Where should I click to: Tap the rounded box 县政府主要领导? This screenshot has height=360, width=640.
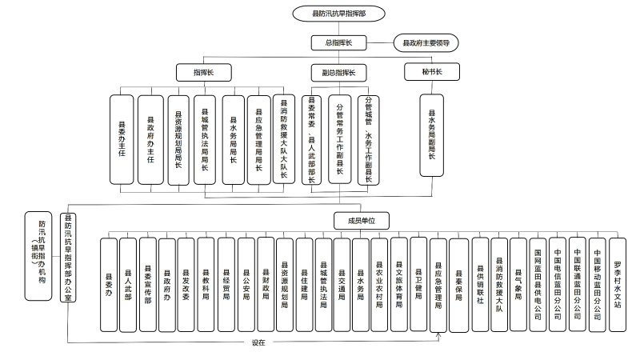click(425, 42)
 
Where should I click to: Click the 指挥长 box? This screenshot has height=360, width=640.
click(204, 73)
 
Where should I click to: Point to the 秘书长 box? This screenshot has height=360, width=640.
click(433, 73)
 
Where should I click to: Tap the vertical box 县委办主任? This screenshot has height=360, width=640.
click(122, 141)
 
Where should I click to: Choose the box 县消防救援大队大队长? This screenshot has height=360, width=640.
click(282, 140)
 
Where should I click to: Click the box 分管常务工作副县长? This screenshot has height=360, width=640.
click(340, 141)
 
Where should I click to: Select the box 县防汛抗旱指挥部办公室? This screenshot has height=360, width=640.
click(70, 257)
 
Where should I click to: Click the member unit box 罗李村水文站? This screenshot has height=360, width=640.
click(617, 284)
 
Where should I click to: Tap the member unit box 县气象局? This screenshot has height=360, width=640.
click(518, 284)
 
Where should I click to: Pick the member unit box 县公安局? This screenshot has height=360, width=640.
click(246, 284)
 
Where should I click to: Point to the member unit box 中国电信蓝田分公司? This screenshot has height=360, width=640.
click(558, 284)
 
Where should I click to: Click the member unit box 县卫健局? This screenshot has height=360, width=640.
click(419, 284)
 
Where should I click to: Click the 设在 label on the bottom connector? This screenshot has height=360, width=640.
click(258, 342)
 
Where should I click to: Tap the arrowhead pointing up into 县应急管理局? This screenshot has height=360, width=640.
click(438, 334)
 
